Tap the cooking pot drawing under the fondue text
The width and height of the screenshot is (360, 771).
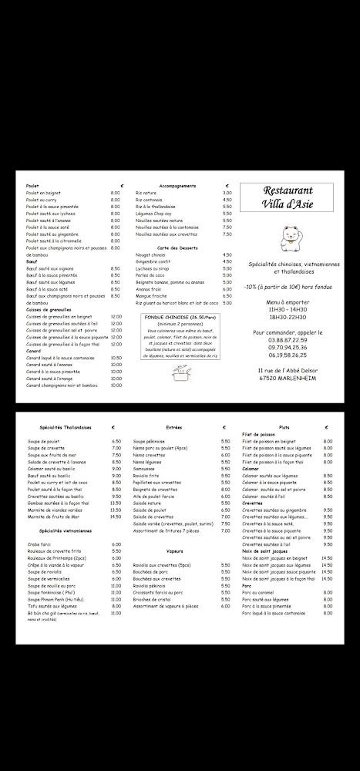click(x=181, y=375)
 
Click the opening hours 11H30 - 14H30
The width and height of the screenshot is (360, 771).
click(x=287, y=308)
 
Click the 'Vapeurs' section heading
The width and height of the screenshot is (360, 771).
click(x=173, y=551)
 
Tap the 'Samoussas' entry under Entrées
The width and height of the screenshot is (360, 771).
click(x=144, y=468)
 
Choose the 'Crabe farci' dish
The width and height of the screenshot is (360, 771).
click(x=39, y=544)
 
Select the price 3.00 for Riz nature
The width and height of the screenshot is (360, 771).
click(x=227, y=193)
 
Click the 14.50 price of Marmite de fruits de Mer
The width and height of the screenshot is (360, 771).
click(x=116, y=517)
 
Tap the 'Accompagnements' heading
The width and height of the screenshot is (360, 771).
click(x=177, y=186)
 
